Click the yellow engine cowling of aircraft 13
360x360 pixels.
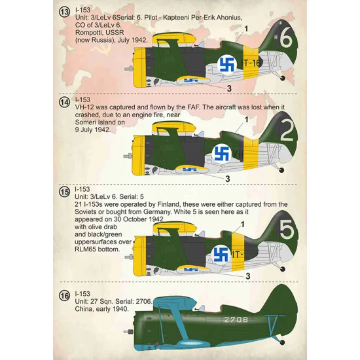coord(139,67)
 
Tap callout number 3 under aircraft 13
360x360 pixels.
coord(230,88)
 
